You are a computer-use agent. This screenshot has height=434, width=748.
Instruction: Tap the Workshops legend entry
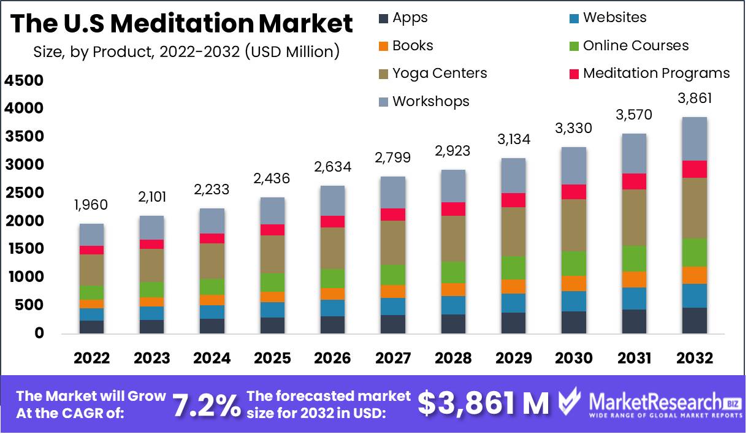(424, 101)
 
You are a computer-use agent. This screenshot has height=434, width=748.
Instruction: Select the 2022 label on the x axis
(91, 359)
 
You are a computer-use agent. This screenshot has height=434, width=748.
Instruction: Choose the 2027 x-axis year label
(392, 359)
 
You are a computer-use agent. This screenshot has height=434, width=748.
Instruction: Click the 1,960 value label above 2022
(91, 205)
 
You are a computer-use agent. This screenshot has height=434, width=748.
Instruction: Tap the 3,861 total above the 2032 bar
(695, 99)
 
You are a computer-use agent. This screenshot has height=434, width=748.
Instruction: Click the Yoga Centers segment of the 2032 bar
(695, 208)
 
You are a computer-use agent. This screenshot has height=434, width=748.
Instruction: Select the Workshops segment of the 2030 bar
(574, 166)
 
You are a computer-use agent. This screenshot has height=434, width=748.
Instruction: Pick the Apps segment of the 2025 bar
(272, 325)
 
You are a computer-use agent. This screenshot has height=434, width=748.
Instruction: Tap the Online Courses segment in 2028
(453, 272)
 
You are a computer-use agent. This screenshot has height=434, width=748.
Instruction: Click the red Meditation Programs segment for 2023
(151, 244)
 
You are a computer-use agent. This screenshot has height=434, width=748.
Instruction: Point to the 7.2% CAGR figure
(206, 405)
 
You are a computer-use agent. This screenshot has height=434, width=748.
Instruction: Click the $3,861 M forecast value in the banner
(484, 403)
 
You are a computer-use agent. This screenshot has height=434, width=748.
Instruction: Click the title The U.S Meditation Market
(182, 23)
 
